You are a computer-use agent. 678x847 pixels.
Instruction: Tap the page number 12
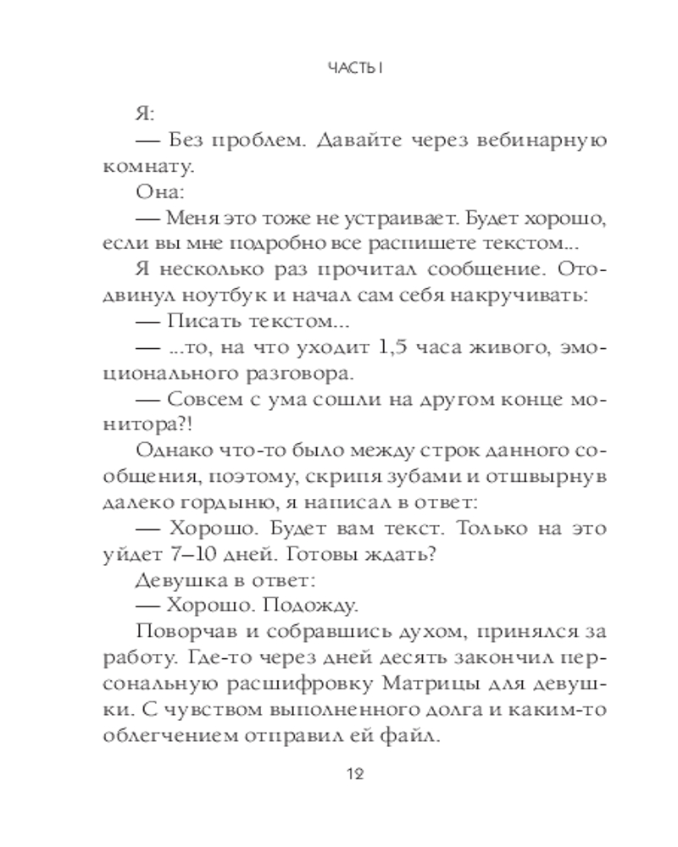click(x=355, y=775)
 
